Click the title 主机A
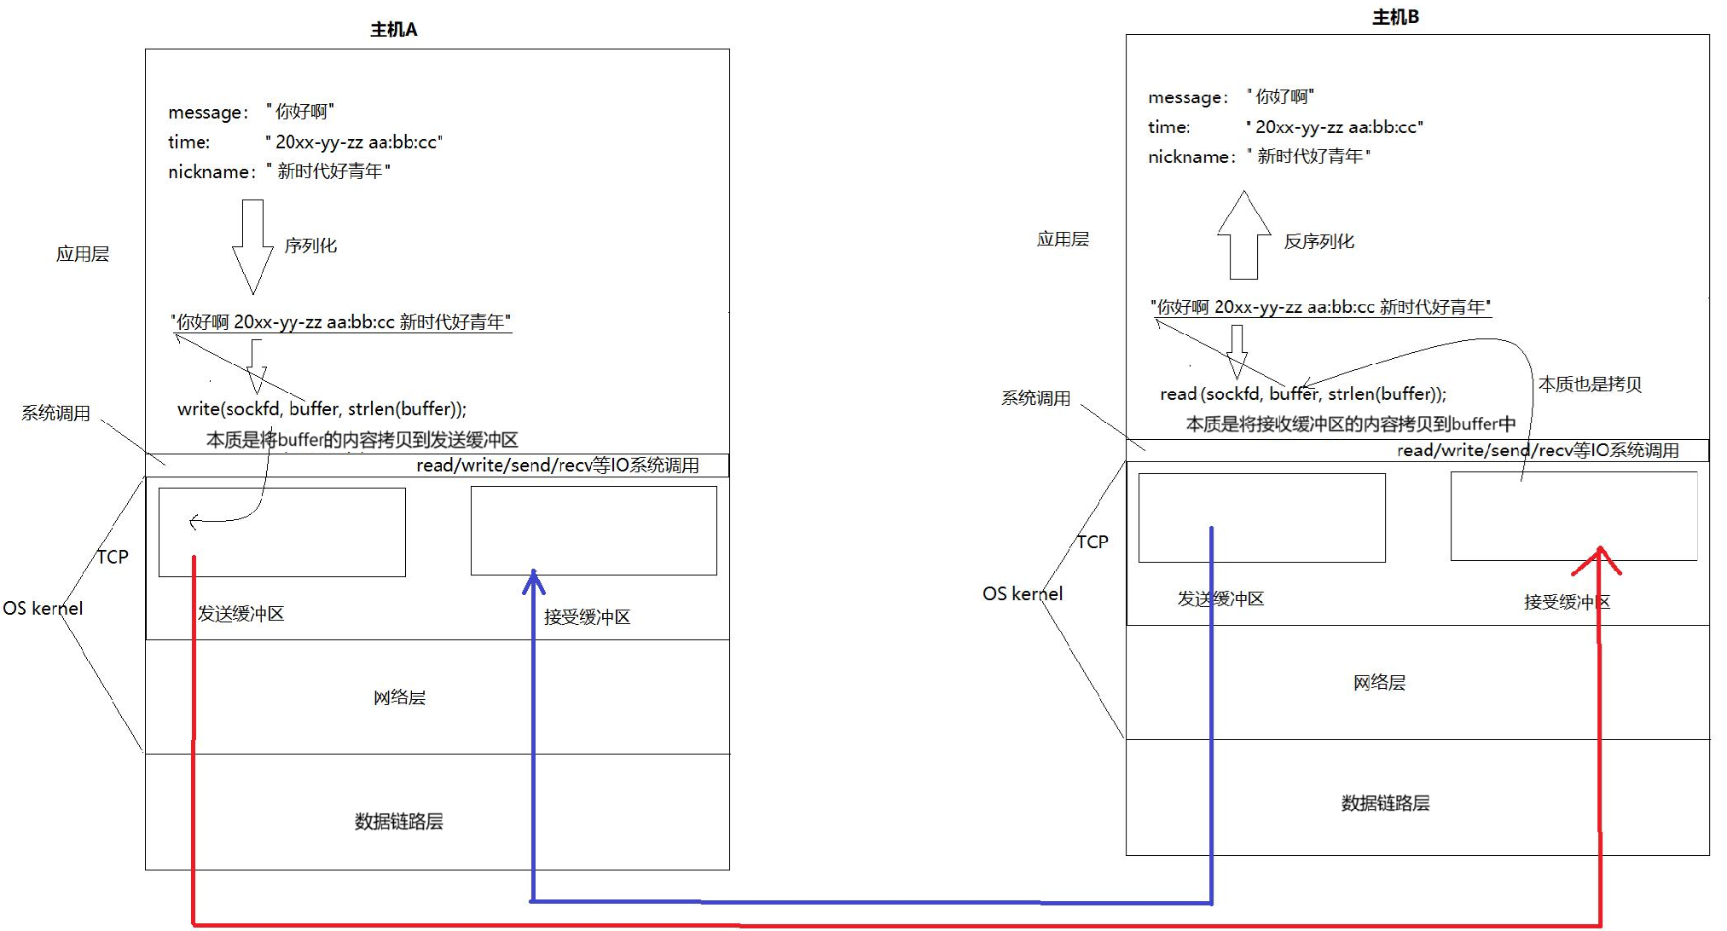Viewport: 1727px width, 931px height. (x=393, y=30)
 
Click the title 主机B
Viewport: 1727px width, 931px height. (x=1395, y=17)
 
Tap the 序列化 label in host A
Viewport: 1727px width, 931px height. (x=310, y=246)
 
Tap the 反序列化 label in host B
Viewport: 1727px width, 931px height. (x=1318, y=241)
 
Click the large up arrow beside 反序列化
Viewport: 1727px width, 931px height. (x=1244, y=236)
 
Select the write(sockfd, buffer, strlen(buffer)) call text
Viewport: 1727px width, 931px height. (x=322, y=409)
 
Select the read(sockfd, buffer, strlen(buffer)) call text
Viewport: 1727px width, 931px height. (x=1302, y=394)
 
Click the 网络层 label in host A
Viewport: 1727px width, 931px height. (x=399, y=697)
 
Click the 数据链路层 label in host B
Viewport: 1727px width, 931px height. (x=1385, y=803)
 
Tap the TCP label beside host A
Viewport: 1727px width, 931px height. (x=113, y=557)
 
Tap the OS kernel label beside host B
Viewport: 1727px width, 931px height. (x=1023, y=594)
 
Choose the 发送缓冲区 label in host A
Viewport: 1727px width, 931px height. (x=241, y=614)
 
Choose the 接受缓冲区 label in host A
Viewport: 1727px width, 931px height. (x=588, y=617)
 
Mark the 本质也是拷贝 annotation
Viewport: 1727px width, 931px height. (x=1590, y=385)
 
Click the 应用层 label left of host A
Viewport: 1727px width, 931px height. (x=83, y=254)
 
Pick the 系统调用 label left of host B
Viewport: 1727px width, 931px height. (x=1035, y=398)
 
